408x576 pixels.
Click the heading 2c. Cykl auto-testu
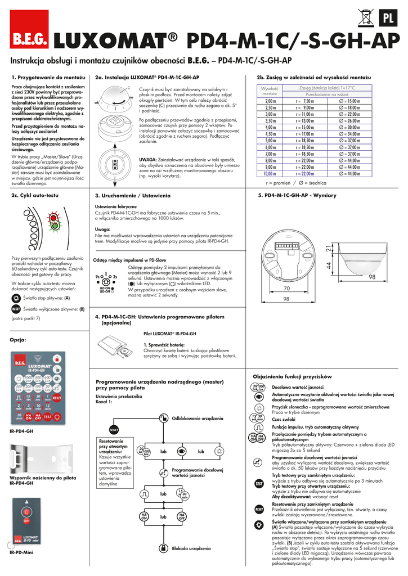tap(35, 195)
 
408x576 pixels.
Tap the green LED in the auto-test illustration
tap(56, 227)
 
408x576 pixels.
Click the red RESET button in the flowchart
tap(114, 429)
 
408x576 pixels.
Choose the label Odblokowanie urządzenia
tap(197, 418)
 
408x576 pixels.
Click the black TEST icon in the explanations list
tap(259, 483)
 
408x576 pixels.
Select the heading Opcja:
tap(19, 340)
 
